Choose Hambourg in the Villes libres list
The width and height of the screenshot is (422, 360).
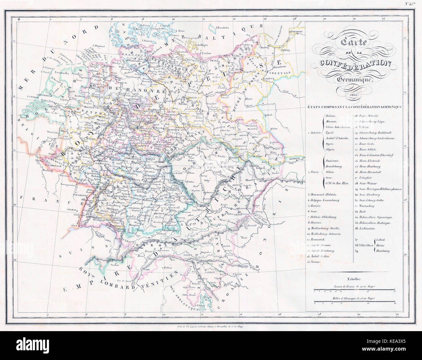(383, 251)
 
